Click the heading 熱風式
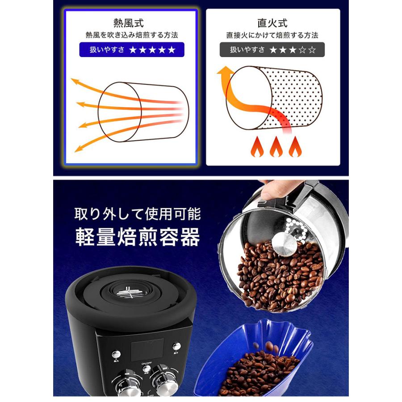point(129,22)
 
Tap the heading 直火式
point(272,22)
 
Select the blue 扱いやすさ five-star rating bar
point(132,50)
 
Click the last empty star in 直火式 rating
point(312,50)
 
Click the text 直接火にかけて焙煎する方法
point(272,34)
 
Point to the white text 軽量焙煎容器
point(137,238)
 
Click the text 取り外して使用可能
point(138,214)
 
